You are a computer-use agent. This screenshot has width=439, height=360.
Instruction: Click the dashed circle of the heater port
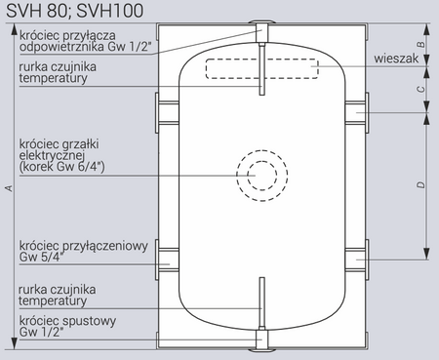261,176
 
